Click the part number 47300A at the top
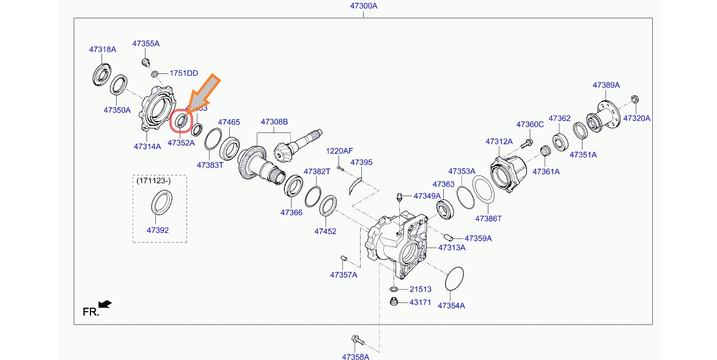(x=364, y=6)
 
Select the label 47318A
(x=102, y=50)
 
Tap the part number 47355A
(x=145, y=43)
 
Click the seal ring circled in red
(x=181, y=120)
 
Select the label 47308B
(x=274, y=122)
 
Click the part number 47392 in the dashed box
(x=157, y=230)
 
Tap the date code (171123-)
(x=153, y=181)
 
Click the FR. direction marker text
(x=90, y=312)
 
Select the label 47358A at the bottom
(x=356, y=356)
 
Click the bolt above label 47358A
(x=356, y=339)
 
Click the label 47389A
(x=606, y=85)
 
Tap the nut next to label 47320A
(x=634, y=99)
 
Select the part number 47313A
(x=452, y=248)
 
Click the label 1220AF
(x=339, y=150)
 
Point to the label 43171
(x=420, y=303)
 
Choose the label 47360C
(x=529, y=124)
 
